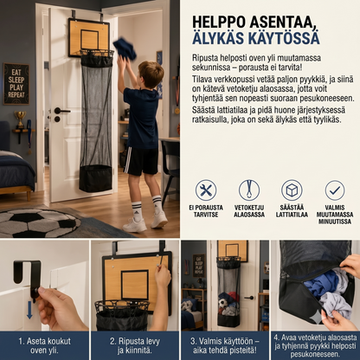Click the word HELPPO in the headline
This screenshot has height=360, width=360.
[220, 22]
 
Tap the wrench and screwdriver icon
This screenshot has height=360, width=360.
[206, 190]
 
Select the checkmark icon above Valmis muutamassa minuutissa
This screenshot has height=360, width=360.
[335, 190]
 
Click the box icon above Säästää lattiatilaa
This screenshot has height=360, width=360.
[292, 190]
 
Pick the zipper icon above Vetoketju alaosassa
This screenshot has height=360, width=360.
[249, 190]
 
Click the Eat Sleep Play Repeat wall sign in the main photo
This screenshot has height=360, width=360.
[16, 84]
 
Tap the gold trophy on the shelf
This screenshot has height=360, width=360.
[20, 119]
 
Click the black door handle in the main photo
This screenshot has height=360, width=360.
[61, 111]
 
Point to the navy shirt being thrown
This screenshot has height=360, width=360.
[125, 49]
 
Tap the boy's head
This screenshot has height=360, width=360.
[151, 74]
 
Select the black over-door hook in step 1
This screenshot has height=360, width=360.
[27, 278]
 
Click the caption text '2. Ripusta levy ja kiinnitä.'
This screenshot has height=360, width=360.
[135, 346]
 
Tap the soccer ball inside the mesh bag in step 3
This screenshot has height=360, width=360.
[222, 303]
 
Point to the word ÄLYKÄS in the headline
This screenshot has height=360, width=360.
[221, 38]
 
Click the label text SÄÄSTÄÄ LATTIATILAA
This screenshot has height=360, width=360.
[292, 211]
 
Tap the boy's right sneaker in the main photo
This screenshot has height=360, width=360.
[159, 219]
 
